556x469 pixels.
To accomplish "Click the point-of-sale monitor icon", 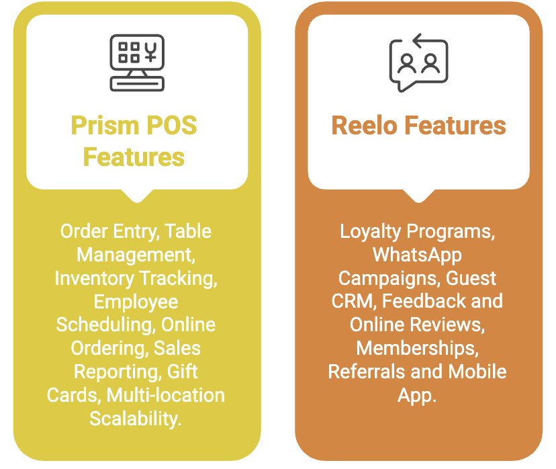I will point(137,62).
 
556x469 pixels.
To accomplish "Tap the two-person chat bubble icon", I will point(418,62).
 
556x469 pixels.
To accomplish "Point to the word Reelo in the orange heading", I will point(365,126).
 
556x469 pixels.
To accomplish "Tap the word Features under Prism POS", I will point(134,157).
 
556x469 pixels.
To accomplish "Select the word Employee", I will point(136,302).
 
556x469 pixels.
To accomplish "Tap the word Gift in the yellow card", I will point(183,372).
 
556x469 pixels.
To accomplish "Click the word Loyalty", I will point(371,232).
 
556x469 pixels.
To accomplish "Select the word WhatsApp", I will point(417,255).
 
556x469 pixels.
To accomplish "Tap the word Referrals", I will point(367,372).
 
